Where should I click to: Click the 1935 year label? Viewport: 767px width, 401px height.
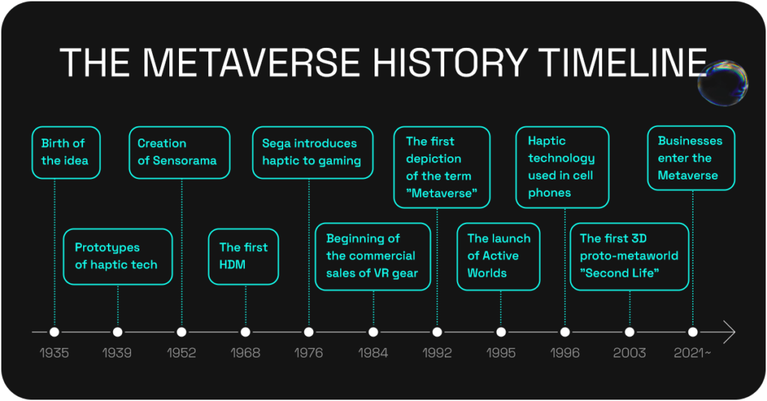click(x=54, y=352)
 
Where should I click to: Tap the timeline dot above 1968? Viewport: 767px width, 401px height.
click(x=246, y=331)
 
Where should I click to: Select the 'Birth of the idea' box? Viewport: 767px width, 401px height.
click(x=65, y=153)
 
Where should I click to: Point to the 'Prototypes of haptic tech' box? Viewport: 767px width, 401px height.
click(x=118, y=257)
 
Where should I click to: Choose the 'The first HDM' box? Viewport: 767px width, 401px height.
click(x=243, y=257)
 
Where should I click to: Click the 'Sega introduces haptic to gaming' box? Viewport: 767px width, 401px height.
click(x=312, y=153)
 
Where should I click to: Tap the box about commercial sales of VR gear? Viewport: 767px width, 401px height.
click(x=373, y=257)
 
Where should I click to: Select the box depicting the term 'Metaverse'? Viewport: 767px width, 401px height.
click(x=442, y=168)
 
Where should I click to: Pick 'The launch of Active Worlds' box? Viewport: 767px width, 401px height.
click(x=499, y=257)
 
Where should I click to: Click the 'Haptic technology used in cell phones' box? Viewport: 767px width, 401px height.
click(x=563, y=168)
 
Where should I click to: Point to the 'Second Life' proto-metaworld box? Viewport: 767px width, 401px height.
click(x=629, y=257)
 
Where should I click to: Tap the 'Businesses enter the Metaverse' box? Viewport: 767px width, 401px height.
click(x=691, y=158)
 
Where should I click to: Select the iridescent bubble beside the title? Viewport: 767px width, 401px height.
click(x=722, y=82)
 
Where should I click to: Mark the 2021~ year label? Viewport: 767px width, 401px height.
click(x=693, y=352)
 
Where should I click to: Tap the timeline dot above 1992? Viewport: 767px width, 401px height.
click(x=437, y=331)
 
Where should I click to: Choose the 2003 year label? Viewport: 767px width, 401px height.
click(x=629, y=352)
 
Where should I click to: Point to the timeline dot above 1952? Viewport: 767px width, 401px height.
click(x=181, y=331)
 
